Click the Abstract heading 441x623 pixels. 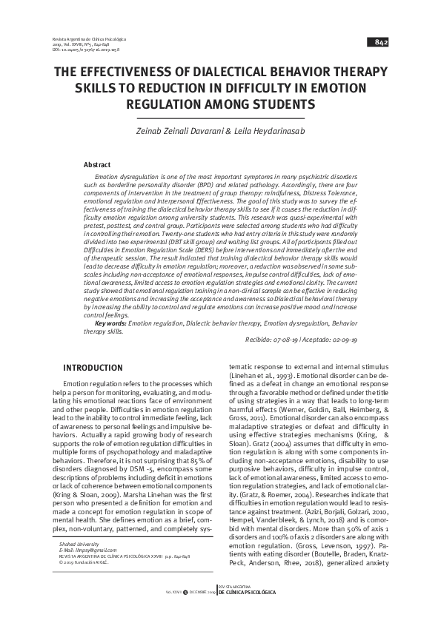tap(97, 164)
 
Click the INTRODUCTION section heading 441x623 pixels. tap(87, 368)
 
